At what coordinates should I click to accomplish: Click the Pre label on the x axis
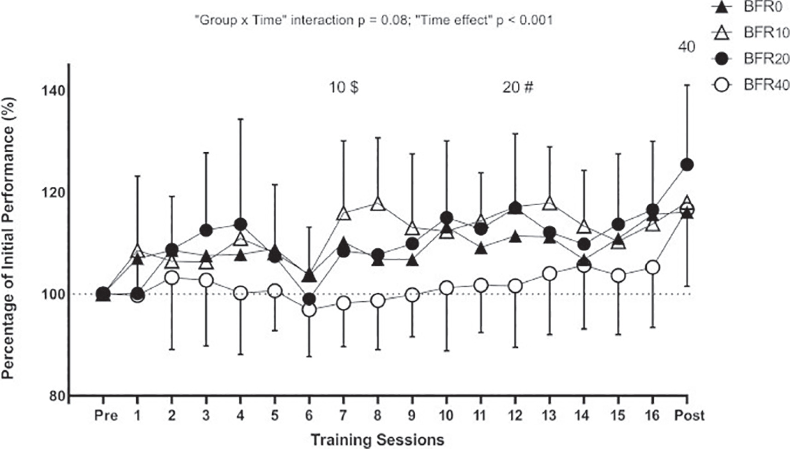tap(106, 416)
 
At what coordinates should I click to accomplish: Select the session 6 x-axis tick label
tap(309, 416)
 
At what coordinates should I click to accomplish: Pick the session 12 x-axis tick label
tap(515, 416)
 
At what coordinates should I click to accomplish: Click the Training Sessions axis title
tap(377, 440)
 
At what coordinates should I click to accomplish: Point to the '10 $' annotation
tap(344, 87)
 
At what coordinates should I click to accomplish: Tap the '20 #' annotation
tap(518, 87)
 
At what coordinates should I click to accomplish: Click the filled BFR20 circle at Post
tap(687, 165)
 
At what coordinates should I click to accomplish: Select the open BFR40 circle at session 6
tap(309, 310)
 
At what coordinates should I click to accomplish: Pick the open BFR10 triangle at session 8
tap(378, 204)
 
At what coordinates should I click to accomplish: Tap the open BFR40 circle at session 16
tap(652, 267)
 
